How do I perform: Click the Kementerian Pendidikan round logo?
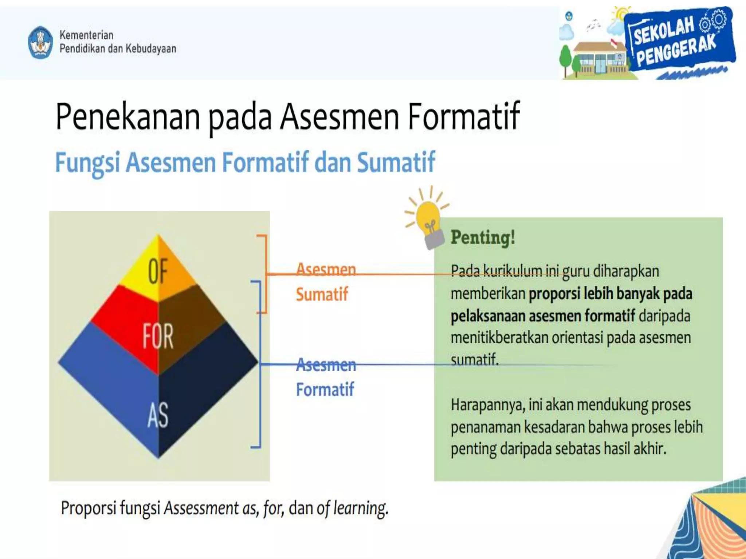click(40, 42)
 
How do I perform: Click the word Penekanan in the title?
click(127, 116)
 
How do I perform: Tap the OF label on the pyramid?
click(158, 271)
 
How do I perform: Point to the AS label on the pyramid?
click(158, 415)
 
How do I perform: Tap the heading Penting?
click(483, 237)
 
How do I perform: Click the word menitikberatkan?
click(499, 338)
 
